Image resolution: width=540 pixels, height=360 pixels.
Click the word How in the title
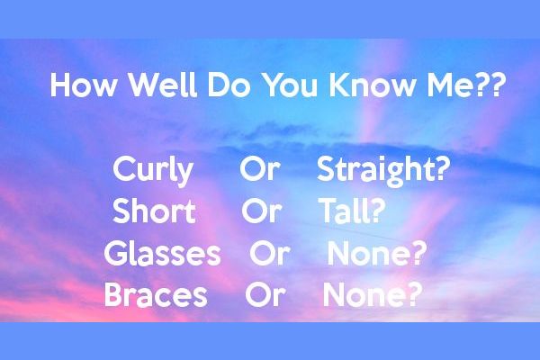[x=79, y=88]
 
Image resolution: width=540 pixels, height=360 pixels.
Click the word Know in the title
[x=365, y=88]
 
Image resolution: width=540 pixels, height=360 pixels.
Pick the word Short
[x=154, y=212]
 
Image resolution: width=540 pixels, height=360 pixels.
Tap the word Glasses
[x=162, y=255]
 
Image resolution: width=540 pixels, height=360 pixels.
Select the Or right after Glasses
[x=269, y=254]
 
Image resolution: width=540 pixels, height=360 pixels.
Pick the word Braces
[x=156, y=295]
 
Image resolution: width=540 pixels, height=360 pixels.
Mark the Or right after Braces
[x=265, y=295]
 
